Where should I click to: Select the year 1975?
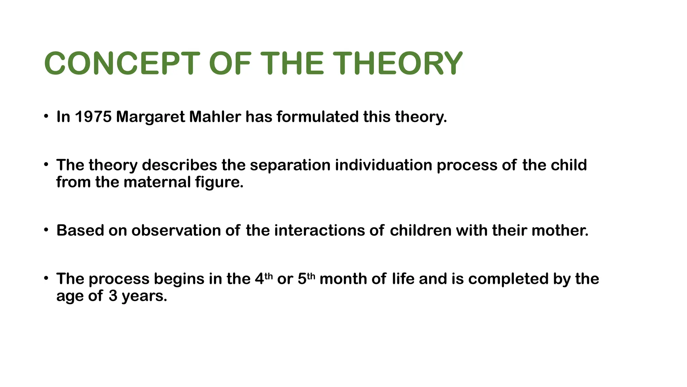tap(93, 117)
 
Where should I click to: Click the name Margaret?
tap(150, 117)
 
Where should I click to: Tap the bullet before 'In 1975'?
tap(46, 117)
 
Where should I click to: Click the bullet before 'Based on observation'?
tap(46, 230)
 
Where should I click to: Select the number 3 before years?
tap(113, 296)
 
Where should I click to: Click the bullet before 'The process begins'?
tap(46, 278)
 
